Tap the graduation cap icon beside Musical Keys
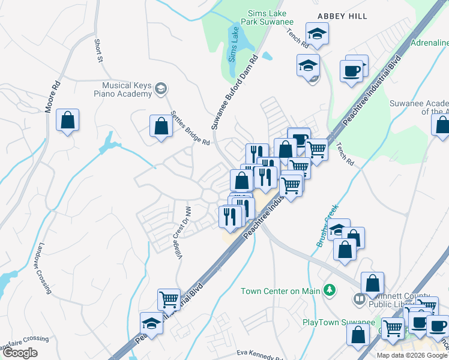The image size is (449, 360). pos(160,89)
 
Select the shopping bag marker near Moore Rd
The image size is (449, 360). pos(68,120)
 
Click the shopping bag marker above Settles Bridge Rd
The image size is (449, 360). pos(161,127)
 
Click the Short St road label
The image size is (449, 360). pos(99,50)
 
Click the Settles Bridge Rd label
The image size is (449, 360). pos(190,128)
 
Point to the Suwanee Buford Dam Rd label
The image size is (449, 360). pos(234,92)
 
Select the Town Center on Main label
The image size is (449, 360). pos(280,292)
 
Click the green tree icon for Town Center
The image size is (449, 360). pos(329,291)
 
